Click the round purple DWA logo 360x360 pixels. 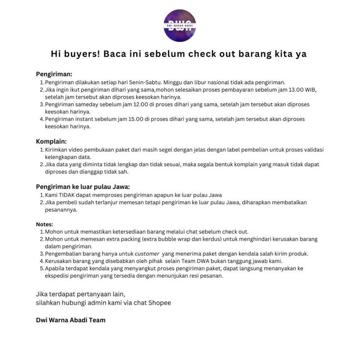(x=180, y=25)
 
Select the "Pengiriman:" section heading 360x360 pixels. (x=54, y=74)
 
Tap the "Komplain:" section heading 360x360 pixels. (x=52, y=141)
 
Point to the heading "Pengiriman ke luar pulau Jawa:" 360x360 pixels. (x=83, y=186)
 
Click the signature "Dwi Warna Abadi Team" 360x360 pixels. (x=71, y=320)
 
